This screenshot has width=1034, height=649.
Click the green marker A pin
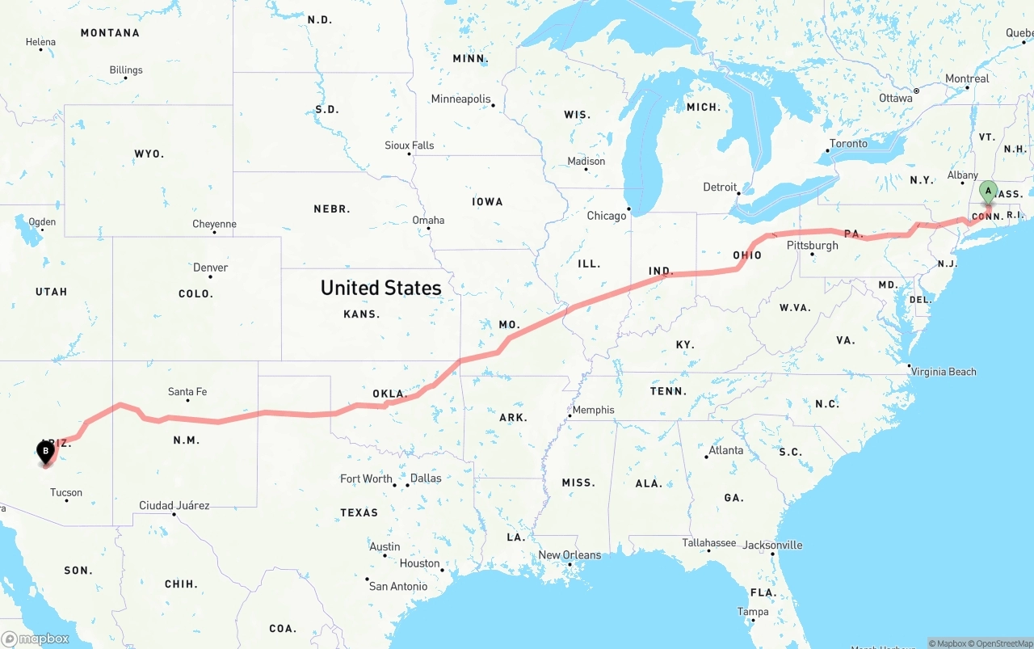pos(987,192)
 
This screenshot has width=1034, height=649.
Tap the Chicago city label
pos(607,216)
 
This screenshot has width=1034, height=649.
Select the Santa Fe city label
pos(187,392)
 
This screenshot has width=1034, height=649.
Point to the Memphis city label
pos(594,410)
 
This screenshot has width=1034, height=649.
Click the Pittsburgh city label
pos(812,245)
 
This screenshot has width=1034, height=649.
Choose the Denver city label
pos(210,268)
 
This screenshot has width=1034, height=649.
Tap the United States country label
pos(380,288)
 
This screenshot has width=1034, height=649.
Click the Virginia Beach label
pos(944,372)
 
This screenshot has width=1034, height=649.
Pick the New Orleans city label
pos(570,555)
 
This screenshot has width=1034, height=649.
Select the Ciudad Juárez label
pos(174,506)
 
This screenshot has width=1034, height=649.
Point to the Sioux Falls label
pos(409,145)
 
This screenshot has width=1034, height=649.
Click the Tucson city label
pos(66,492)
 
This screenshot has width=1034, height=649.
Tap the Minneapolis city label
pos(460,99)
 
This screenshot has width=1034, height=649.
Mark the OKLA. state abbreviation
pos(389,394)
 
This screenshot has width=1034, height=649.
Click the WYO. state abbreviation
pos(149,154)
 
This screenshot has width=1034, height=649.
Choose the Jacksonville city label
pos(773,545)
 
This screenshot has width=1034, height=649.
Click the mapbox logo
pos(36,638)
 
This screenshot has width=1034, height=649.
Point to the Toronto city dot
pos(828,151)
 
